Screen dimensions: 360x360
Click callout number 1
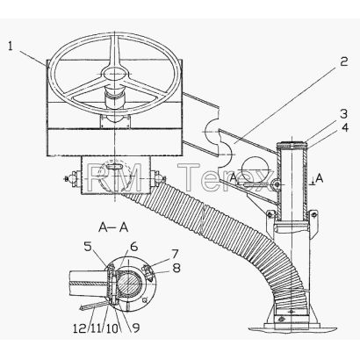tap(11, 47)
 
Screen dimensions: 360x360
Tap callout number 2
tap(343, 61)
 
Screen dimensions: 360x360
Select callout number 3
tap(343, 114)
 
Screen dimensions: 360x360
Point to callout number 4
tap(344, 127)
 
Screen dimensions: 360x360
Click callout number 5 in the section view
tap(88, 247)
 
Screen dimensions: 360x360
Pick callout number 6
tap(133, 247)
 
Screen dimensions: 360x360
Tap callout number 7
tap(175, 254)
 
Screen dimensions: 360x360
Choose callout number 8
tap(176, 269)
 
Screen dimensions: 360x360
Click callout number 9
tap(135, 328)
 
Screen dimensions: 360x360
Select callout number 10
tap(112, 328)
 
